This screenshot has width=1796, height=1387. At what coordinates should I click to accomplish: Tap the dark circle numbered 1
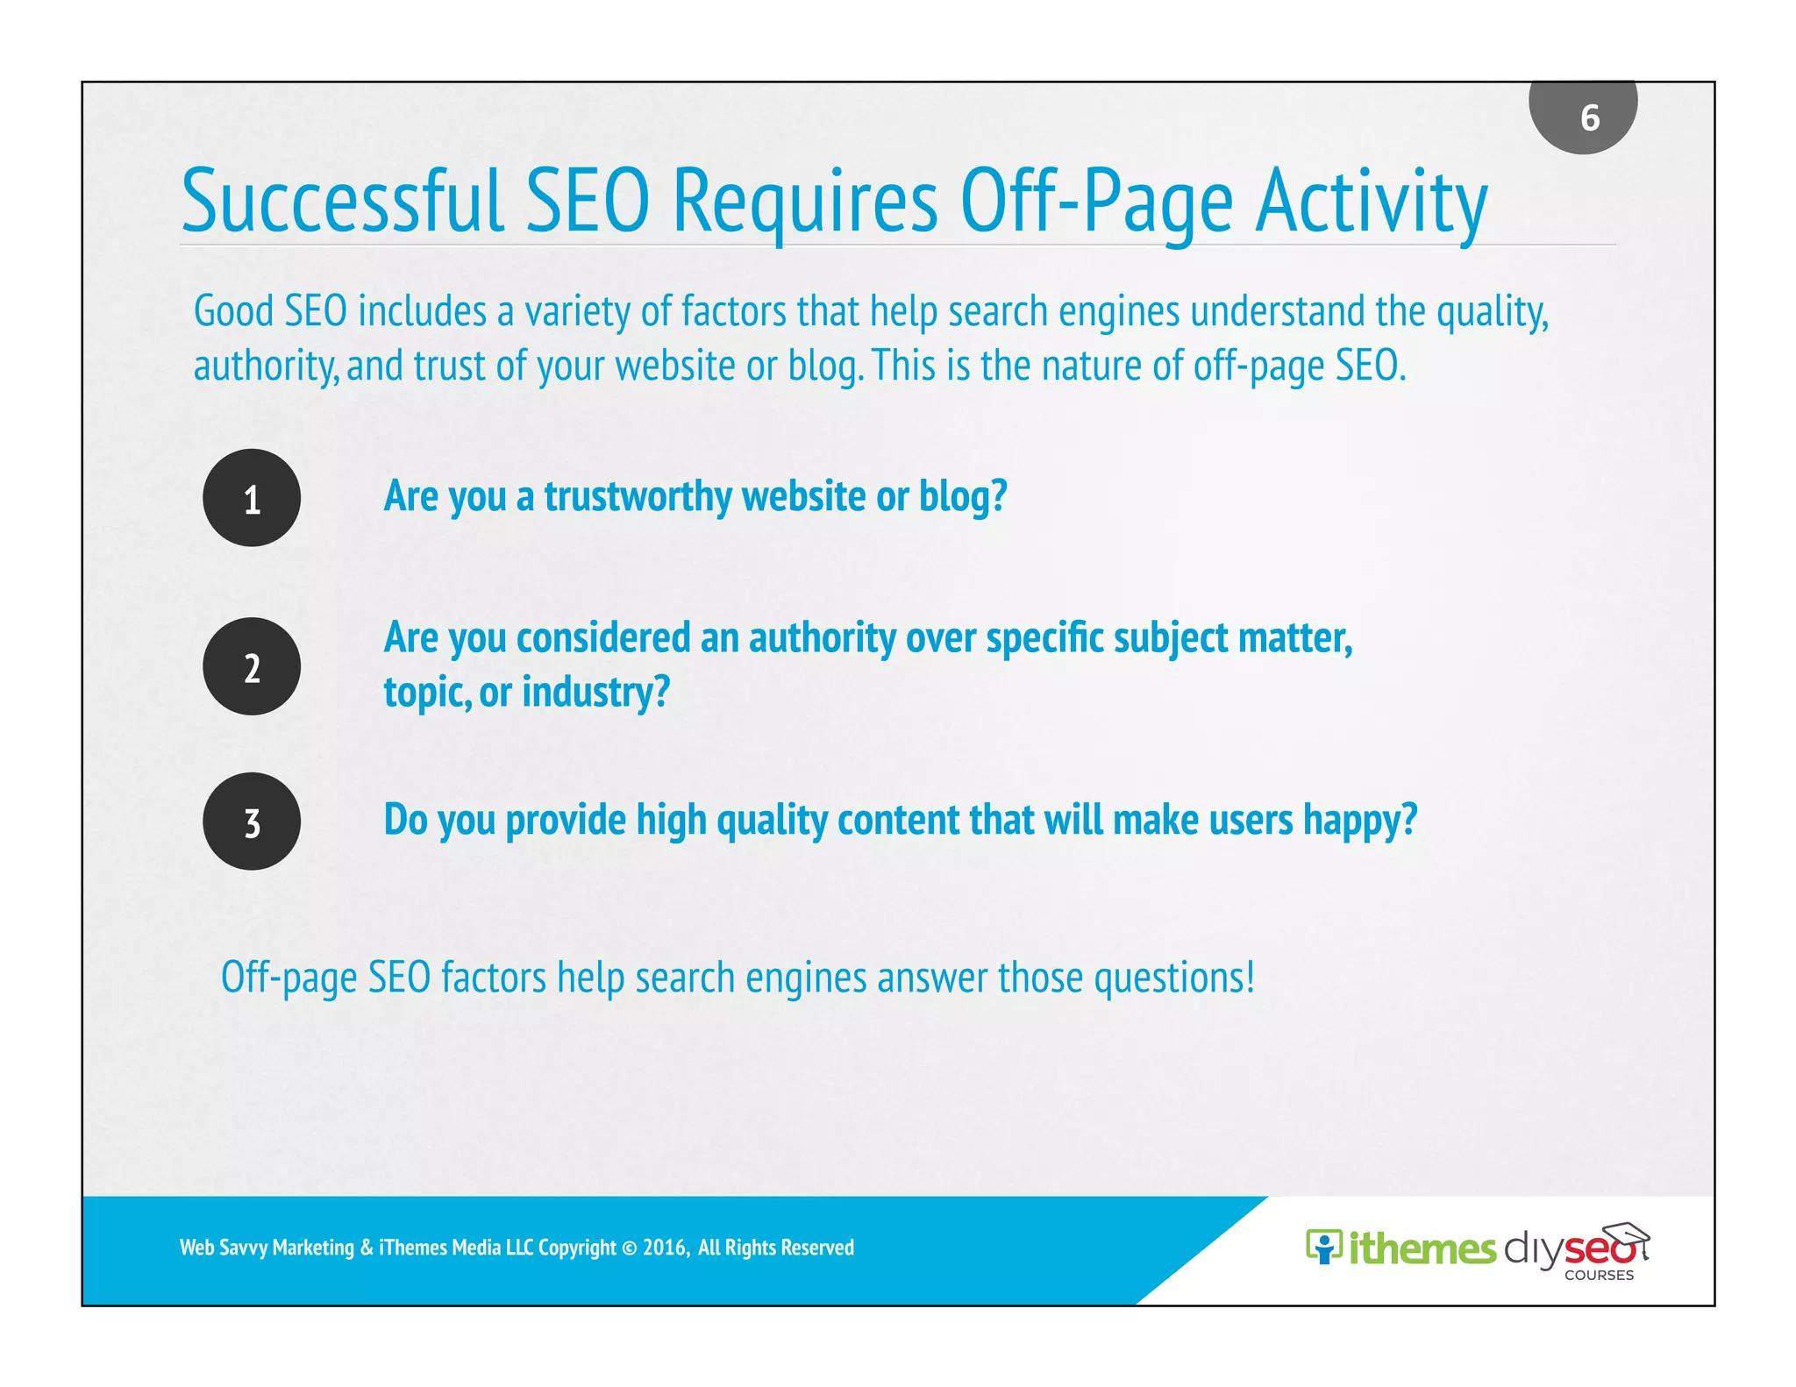(252, 498)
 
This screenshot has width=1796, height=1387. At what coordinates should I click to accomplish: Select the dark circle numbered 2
(252, 666)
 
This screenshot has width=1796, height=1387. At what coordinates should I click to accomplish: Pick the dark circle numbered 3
(252, 822)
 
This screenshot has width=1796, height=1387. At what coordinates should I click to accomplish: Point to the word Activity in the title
(1372, 203)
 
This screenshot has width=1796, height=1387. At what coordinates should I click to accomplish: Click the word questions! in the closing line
(1174, 978)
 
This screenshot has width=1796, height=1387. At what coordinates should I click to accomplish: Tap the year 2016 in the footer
(664, 1248)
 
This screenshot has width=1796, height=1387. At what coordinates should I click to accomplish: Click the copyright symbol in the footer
(630, 1248)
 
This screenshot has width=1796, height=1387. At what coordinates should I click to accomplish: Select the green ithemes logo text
(1422, 1248)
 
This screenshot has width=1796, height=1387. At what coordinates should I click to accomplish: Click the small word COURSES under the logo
(1599, 1276)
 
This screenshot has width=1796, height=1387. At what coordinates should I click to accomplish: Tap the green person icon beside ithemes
(1323, 1246)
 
